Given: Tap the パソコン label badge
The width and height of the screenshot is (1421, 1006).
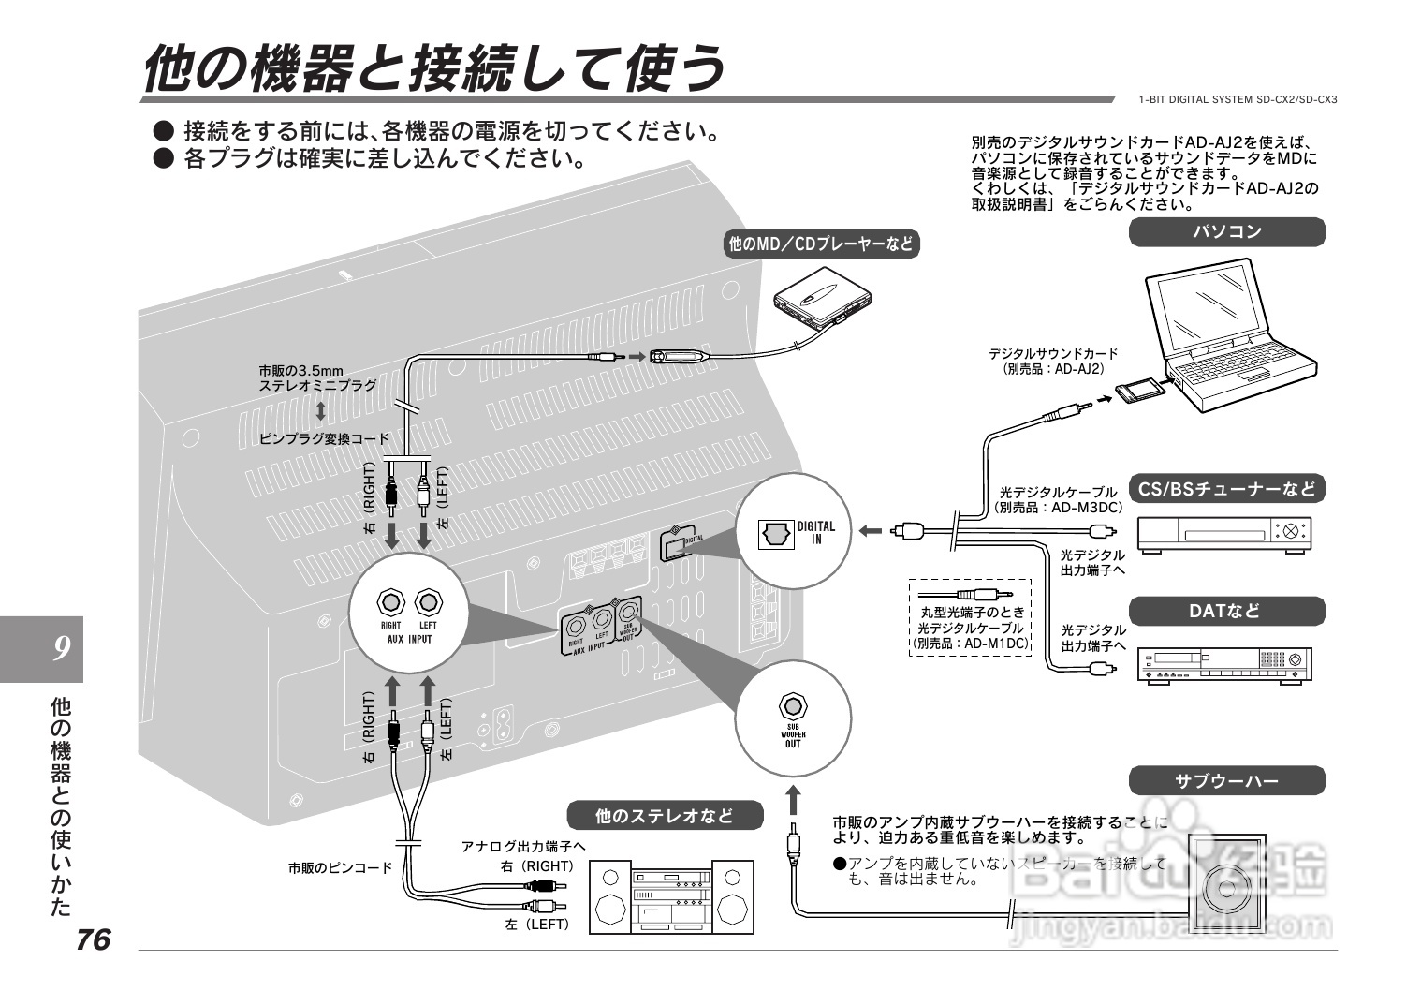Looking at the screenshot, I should click(x=1226, y=232).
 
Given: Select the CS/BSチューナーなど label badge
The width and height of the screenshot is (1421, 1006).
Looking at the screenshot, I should click(x=1226, y=488).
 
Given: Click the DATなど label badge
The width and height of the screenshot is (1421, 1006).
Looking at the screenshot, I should click(x=1226, y=612).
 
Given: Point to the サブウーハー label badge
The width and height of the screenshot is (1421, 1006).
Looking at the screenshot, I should click(x=1226, y=780).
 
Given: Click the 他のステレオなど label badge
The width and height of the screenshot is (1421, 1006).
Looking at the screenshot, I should click(x=665, y=816).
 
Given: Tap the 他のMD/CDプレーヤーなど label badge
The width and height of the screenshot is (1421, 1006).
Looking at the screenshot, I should click(x=821, y=244).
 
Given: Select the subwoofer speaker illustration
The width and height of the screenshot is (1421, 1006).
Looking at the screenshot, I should click(x=1225, y=884).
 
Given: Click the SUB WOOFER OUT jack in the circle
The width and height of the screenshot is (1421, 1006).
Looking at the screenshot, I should click(x=793, y=705).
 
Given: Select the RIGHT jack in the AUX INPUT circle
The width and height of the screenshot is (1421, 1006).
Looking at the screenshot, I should click(x=391, y=602).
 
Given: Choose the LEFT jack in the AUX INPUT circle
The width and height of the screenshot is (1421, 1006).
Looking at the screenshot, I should click(x=428, y=602).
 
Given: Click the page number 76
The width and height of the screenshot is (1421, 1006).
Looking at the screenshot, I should click(x=94, y=939).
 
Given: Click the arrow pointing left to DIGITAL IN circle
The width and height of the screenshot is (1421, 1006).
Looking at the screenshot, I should click(x=871, y=531).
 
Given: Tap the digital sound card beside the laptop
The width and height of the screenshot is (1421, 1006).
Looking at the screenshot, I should click(x=1141, y=387).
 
